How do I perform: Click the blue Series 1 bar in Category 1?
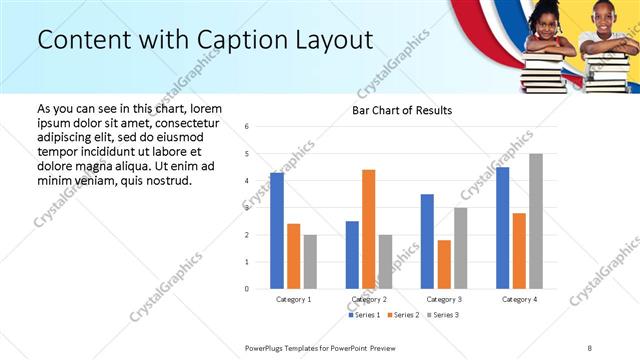coord(277,231)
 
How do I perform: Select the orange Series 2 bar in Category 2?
coord(369,229)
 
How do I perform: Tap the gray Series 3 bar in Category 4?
coord(536,221)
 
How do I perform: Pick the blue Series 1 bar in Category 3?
coord(427,241)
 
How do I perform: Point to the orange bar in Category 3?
coord(444,264)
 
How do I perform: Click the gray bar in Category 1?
coord(310,262)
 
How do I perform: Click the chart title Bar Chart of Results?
coord(402,110)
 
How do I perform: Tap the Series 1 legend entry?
coord(362,315)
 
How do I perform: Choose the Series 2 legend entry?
coord(402,315)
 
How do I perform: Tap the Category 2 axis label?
coord(369,299)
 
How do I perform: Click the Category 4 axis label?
coord(519,299)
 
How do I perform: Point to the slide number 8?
coord(590,347)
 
